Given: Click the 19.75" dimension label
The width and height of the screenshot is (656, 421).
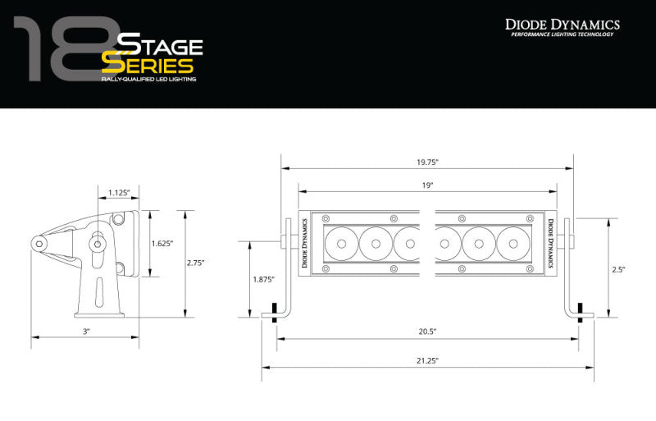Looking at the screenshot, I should [x=427, y=162].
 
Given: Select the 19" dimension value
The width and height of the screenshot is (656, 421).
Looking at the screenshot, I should [x=427, y=186].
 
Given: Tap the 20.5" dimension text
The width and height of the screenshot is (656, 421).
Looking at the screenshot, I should [x=427, y=332].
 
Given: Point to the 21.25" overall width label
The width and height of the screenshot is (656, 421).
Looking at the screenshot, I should [x=427, y=360].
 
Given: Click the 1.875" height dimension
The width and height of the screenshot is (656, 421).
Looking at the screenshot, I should [x=262, y=279].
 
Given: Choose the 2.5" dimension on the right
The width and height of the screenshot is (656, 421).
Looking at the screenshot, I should [x=618, y=268].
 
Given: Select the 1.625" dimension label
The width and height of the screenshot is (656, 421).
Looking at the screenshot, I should [x=163, y=244].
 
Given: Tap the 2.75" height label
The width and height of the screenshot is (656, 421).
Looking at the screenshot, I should [x=196, y=263].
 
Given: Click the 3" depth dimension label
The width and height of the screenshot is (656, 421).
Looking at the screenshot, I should [x=85, y=331].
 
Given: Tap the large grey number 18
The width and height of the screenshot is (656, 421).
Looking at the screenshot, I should [x=61, y=51].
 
